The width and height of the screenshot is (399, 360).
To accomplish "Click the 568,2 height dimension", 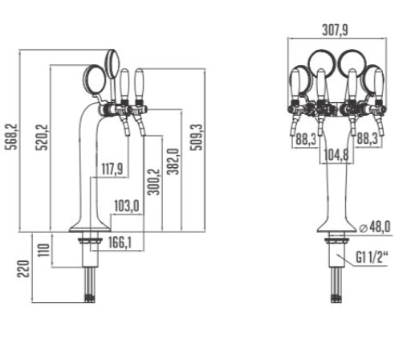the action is [12, 137].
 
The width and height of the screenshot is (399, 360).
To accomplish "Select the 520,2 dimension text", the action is [43, 137].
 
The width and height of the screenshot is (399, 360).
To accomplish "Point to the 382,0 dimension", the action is [173, 162].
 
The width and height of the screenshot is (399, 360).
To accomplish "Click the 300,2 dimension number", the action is [154, 182].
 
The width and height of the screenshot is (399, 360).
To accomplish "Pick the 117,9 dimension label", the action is [112, 170].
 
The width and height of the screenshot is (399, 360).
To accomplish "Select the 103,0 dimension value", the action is [127, 206].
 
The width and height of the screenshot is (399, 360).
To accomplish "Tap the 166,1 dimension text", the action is [120, 243].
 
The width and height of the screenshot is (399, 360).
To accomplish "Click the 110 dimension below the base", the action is [43, 250].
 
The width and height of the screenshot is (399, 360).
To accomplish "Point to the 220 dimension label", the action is [23, 268].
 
